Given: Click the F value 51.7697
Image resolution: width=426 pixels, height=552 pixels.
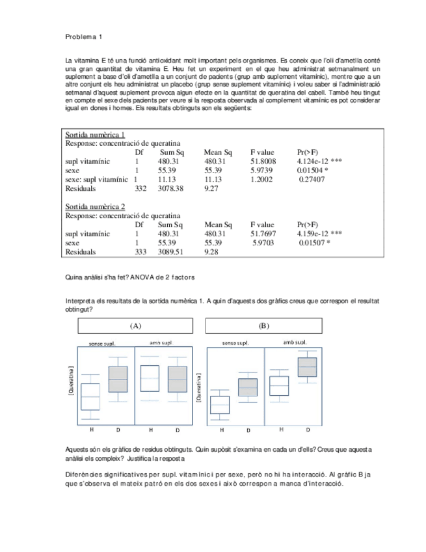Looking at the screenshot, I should click(263, 233).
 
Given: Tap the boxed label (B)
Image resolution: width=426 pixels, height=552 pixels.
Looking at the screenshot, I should click(263, 325).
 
